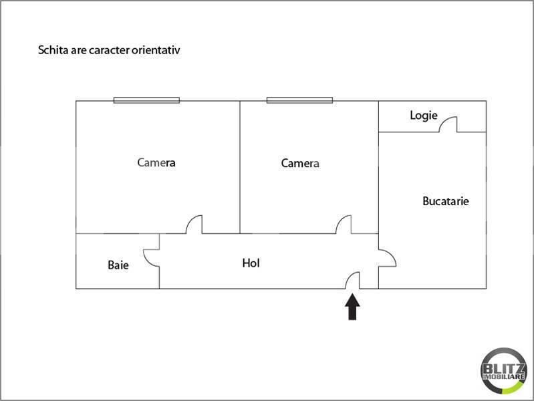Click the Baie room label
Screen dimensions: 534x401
pyautogui.click(x=118, y=265)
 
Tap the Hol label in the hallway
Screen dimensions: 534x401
pyautogui.click(x=251, y=263)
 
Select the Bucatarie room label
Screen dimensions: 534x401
pyautogui.click(x=446, y=201)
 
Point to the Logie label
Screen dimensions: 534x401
pyautogui.click(x=424, y=116)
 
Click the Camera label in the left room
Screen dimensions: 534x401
pyautogui.click(x=156, y=162)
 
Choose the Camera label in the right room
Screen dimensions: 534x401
pyautogui.click(x=300, y=163)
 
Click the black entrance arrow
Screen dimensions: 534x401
pyautogui.click(x=352, y=307)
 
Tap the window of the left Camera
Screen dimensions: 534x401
pyautogui.click(x=146, y=100)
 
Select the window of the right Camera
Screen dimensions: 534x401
pyautogui.click(x=299, y=100)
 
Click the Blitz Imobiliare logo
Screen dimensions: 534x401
pyautogui.click(x=504, y=371)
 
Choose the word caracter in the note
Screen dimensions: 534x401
pyautogui.click(x=109, y=50)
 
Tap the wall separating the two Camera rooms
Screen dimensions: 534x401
pyautogui.click(x=240, y=167)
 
